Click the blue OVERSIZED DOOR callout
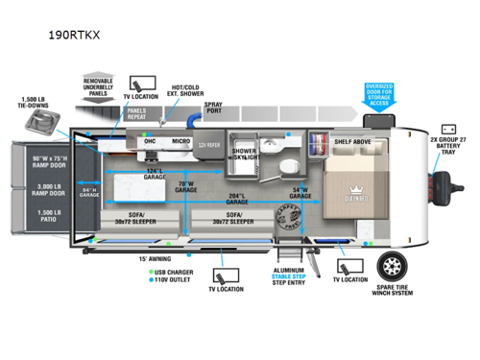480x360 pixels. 380,94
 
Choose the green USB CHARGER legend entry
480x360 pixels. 175,272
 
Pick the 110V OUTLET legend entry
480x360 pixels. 175,280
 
